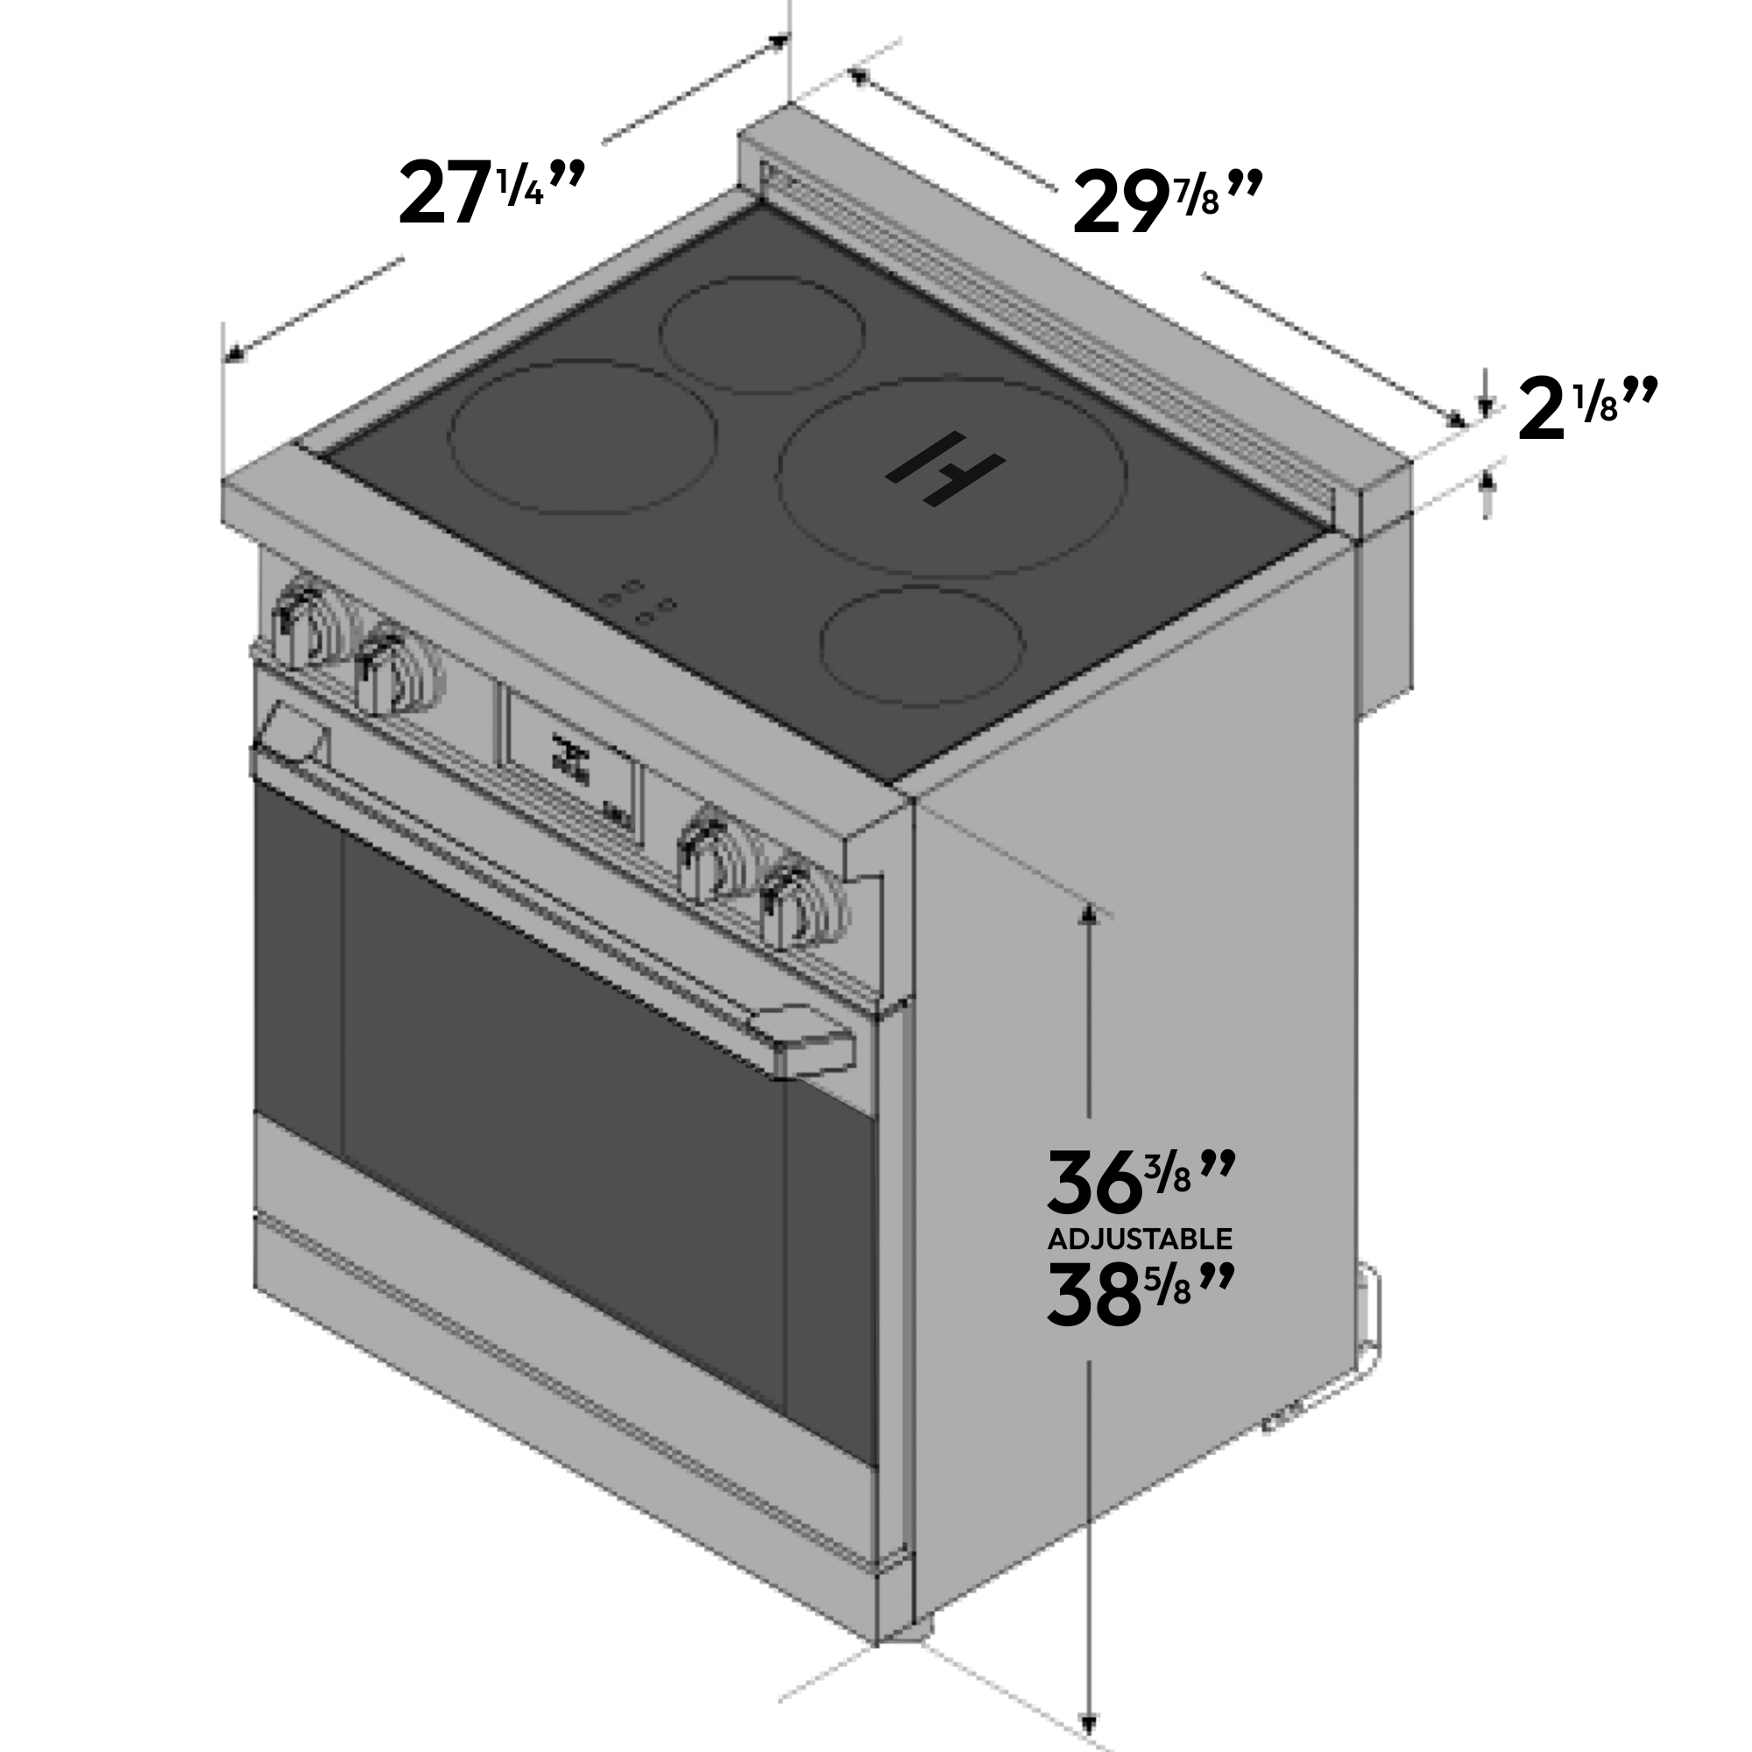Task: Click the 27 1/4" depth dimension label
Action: coord(491,193)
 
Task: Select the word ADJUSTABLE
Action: coord(1140,1239)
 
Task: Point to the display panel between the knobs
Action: coord(571,762)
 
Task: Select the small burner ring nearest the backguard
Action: coord(762,336)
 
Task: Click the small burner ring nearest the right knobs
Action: coord(922,646)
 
